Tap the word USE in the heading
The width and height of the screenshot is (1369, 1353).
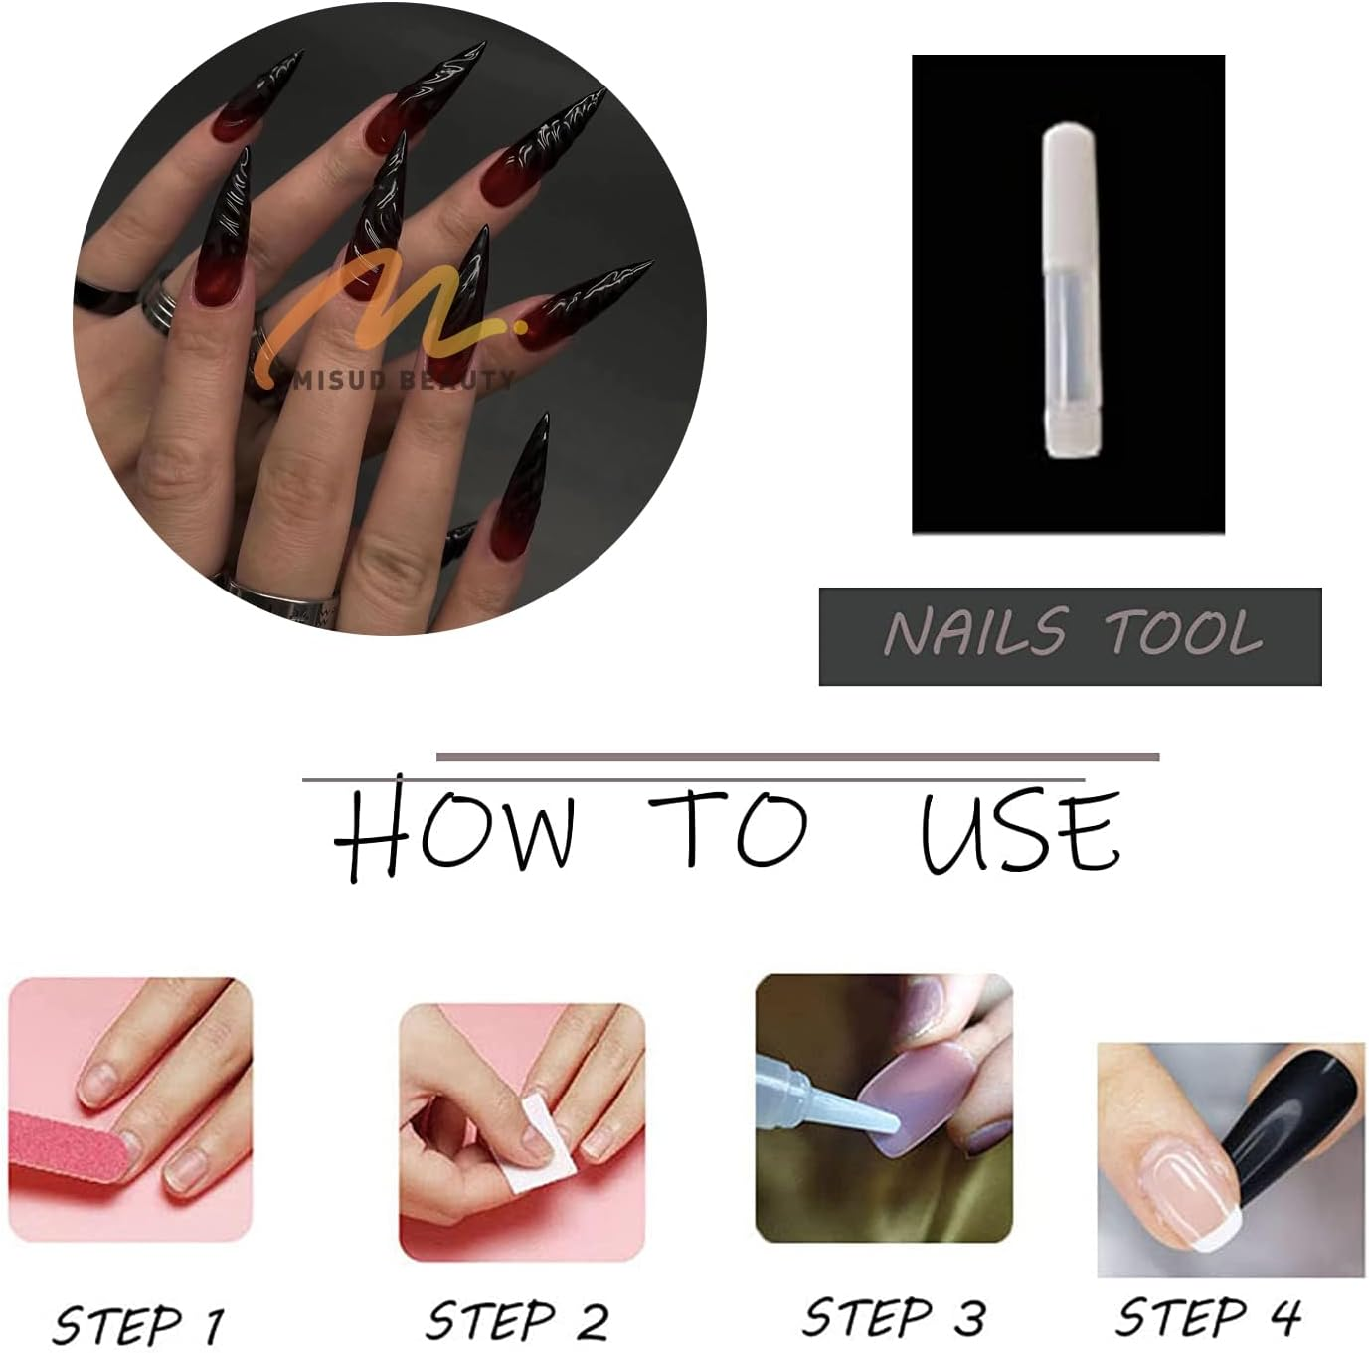(1020, 833)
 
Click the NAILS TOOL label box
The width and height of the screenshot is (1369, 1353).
(1070, 636)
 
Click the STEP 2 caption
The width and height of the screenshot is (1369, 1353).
(518, 1321)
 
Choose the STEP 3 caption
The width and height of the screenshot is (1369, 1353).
(894, 1318)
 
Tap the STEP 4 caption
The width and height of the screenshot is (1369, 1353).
(1208, 1318)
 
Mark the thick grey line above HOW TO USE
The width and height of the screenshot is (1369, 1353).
(797, 758)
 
